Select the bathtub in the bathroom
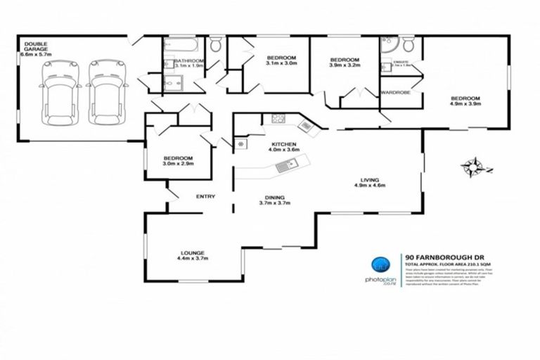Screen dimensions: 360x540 pyautogui.click(x=181, y=47)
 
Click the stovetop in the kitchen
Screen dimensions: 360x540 pyautogui.click(x=276, y=119)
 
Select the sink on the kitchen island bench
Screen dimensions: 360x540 pyautogui.click(x=287, y=166)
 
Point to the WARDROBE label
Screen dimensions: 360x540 pyautogui.click(x=395, y=92)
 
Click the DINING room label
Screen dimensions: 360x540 pyautogui.click(x=274, y=198)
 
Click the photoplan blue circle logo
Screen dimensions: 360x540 pyautogui.click(x=380, y=266)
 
